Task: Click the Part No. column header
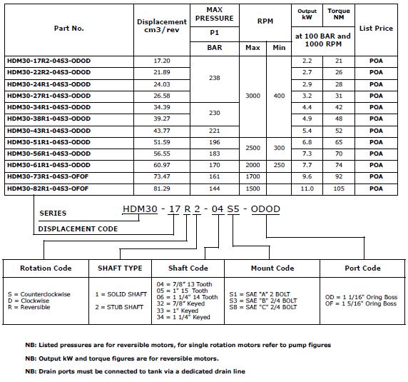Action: pyautogui.click(x=68, y=29)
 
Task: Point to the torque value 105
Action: pyautogui.click(x=339, y=189)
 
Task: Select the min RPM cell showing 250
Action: pyautogui.click(x=278, y=165)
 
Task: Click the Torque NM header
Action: pyautogui.click(x=339, y=15)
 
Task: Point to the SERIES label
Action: pyautogui.click(x=53, y=213)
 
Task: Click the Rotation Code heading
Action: pyautogui.click(x=46, y=268)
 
